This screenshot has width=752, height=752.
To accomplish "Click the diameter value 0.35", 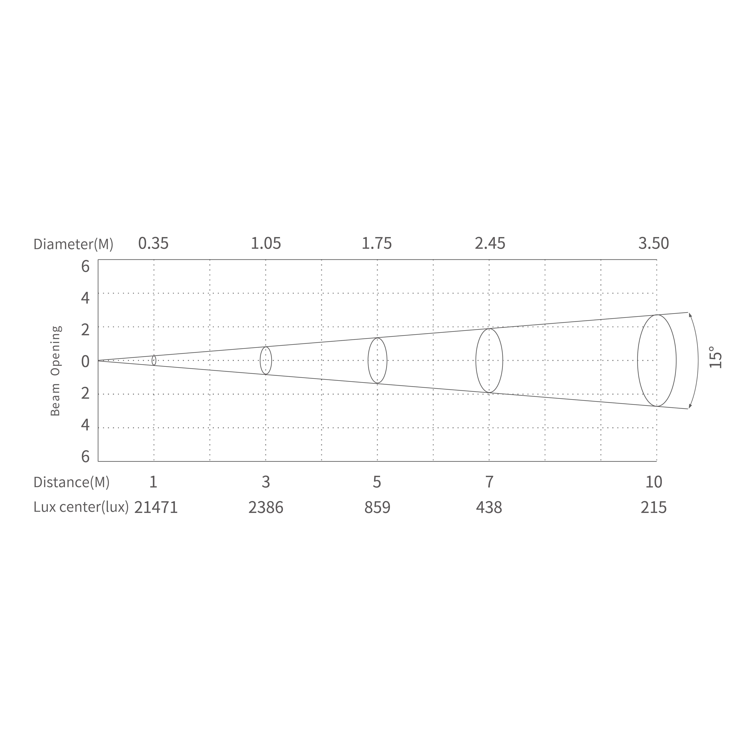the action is tap(153, 244).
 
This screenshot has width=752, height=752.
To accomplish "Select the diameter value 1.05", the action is tap(265, 244).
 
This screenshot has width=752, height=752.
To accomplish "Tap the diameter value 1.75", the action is tap(377, 244).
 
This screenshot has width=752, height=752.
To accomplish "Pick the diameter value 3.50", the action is tap(654, 244).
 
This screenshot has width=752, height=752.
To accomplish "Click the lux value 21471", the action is tap(156, 508).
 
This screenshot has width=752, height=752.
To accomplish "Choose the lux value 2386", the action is tap(266, 508).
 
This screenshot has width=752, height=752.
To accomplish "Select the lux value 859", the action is tap(377, 508).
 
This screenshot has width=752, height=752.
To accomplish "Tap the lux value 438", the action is tap(489, 508).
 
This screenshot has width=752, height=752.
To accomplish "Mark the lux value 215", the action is tap(654, 508).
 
